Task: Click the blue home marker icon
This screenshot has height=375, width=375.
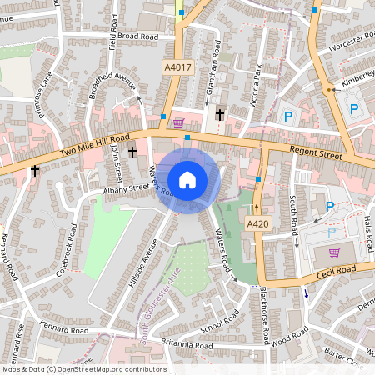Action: coord(187,179)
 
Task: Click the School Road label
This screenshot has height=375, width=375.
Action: coord(219,317)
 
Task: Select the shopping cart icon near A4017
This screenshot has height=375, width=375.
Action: coord(178,123)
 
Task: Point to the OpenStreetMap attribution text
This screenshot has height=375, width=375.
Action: coord(84,369)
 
